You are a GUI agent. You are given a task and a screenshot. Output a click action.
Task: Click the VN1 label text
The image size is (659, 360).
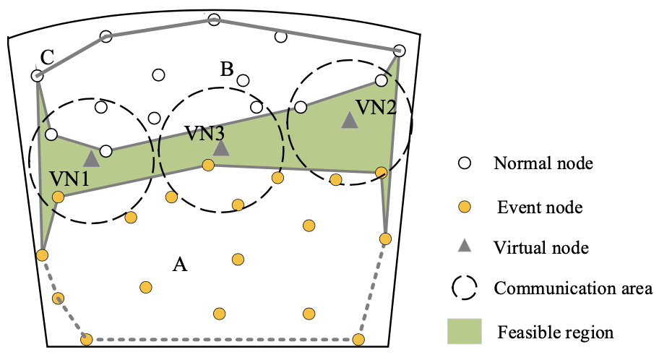(69, 179)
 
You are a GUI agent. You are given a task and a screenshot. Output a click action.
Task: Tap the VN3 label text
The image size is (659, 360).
(204, 134)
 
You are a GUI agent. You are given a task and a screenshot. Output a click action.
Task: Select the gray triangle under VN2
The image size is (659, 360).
(350, 121)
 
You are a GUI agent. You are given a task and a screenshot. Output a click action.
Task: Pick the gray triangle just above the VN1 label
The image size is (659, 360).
(91, 159)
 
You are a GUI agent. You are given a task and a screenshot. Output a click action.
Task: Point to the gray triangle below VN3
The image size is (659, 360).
(221, 148)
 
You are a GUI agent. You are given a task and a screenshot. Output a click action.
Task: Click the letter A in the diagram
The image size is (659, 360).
(181, 265)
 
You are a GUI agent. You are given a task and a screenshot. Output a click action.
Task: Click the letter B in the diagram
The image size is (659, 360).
(227, 69)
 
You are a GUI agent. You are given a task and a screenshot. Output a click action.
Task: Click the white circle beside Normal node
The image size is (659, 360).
(465, 163)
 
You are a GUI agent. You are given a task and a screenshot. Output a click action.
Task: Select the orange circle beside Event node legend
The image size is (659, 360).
(465, 207)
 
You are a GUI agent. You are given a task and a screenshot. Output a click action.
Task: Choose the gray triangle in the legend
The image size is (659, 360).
(465, 247)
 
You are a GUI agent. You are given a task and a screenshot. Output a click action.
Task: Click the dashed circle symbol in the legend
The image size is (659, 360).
(465, 288)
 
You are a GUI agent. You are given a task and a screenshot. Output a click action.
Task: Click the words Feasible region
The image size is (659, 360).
(555, 333)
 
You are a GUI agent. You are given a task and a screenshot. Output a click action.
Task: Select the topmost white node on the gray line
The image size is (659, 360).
(214, 20)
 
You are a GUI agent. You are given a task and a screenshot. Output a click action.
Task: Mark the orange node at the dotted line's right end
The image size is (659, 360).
(359, 338)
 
